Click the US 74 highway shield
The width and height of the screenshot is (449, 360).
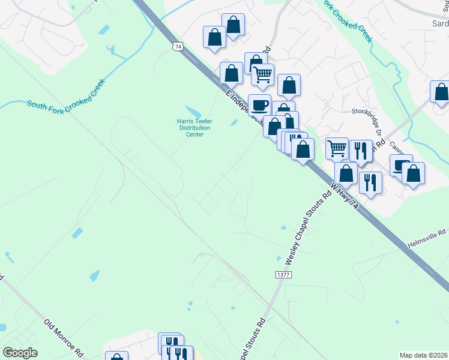pyautogui.click(x=176, y=46)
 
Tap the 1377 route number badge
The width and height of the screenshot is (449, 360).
pyautogui.click(x=283, y=274)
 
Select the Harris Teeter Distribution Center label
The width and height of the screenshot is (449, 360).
pyautogui.click(x=194, y=127)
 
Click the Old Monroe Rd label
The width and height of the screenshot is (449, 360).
pyautogui.click(x=62, y=338)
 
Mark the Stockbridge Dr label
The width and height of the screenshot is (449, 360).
pyautogui.click(x=367, y=112)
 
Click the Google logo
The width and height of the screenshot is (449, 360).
pyautogui.click(x=20, y=353)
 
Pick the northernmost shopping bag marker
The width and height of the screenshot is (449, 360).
pyautogui.click(x=234, y=24)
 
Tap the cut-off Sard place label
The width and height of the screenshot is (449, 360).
pyautogui.click(x=440, y=23)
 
